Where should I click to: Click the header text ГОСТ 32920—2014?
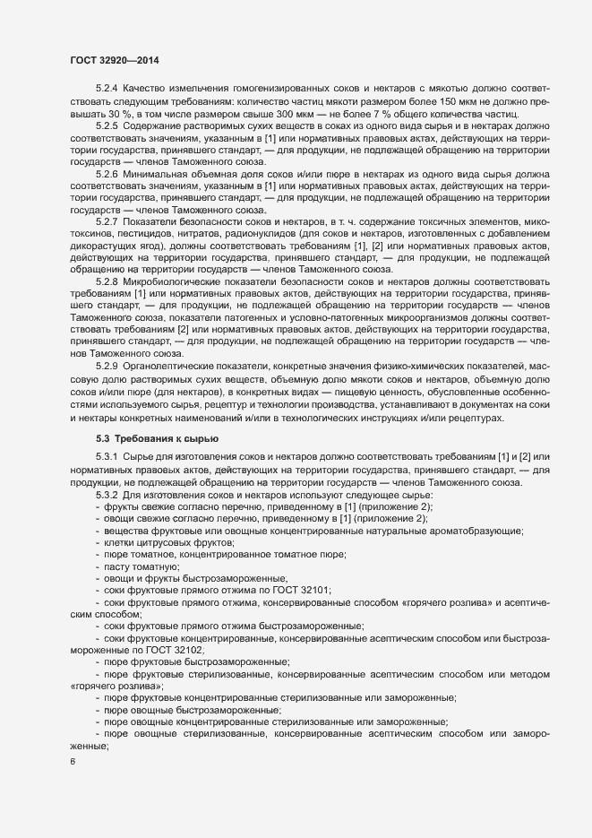tap(116, 59)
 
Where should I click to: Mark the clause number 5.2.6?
tap(107, 172)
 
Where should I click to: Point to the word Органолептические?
tap(174, 367)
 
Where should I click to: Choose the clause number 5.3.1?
tap(107, 459)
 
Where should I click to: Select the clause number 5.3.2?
tap(107, 495)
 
